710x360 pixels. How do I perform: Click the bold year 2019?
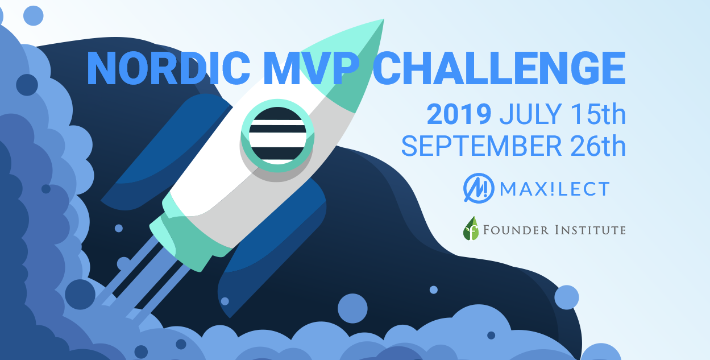tap(459, 115)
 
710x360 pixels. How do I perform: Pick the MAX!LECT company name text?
tap(555, 189)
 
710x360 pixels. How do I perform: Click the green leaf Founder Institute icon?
tap(471, 229)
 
